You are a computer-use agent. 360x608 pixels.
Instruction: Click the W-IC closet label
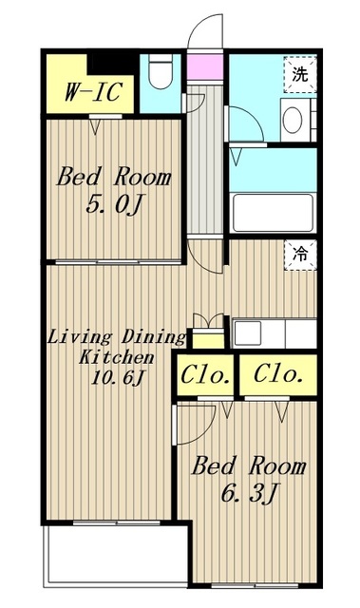click(x=93, y=92)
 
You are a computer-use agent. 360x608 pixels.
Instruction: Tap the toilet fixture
click(x=161, y=71)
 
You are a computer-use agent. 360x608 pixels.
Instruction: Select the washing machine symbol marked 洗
click(x=300, y=74)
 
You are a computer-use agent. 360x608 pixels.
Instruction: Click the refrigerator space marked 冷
click(x=300, y=255)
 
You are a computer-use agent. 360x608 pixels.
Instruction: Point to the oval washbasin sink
click(x=293, y=120)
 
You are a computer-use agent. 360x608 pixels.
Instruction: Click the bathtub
click(x=274, y=213)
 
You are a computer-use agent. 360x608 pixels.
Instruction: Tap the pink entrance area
click(x=205, y=66)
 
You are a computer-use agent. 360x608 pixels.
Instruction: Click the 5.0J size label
click(x=114, y=203)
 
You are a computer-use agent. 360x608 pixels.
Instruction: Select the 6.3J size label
click(x=249, y=492)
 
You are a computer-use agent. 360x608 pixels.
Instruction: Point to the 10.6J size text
click(x=117, y=377)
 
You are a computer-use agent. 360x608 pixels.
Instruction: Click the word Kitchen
click(x=116, y=357)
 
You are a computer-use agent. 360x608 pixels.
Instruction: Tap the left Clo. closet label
click(x=204, y=375)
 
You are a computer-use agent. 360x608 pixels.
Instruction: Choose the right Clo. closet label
click(x=278, y=374)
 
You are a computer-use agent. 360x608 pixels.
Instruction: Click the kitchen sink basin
click(x=247, y=333)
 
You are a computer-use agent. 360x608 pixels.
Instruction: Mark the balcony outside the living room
click(x=117, y=555)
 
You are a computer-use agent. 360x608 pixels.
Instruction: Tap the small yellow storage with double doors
click(x=208, y=340)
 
